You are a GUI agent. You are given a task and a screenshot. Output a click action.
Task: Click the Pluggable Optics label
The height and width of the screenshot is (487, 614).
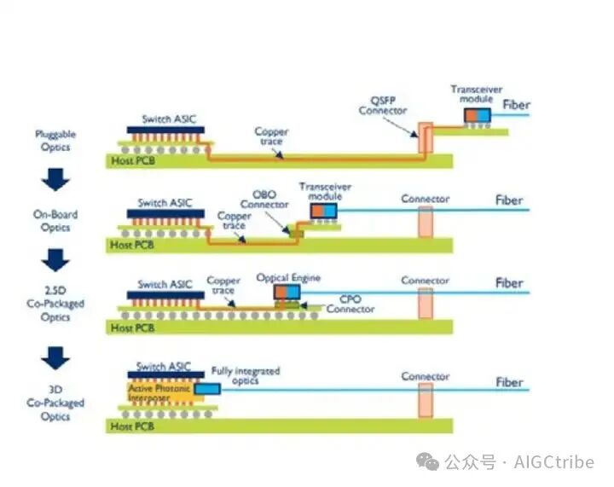pyautogui.click(x=54, y=141)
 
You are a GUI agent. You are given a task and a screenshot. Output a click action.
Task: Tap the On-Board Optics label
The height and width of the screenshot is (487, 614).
pyautogui.click(x=55, y=221)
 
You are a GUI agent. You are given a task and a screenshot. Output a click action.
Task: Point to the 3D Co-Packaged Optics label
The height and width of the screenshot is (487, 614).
pyautogui.click(x=55, y=403)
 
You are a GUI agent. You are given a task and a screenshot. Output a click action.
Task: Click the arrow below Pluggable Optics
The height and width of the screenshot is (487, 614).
pyautogui.click(x=55, y=178)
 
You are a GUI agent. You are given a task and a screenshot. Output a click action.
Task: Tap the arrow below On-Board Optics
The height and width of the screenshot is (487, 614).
pyautogui.click(x=55, y=259)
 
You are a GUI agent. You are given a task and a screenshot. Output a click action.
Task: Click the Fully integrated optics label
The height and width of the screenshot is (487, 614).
pyautogui.click(x=245, y=376)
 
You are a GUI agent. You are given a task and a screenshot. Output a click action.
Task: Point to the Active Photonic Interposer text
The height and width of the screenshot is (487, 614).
pyautogui.click(x=158, y=392)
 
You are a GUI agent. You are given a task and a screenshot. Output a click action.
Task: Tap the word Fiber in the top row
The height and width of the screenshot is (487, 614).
pyautogui.click(x=516, y=105)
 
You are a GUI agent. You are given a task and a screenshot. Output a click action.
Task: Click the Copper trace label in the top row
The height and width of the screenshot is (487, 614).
pyautogui.click(x=271, y=137)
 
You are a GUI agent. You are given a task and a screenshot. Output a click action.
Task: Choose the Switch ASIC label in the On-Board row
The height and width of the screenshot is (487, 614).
pyautogui.click(x=165, y=204)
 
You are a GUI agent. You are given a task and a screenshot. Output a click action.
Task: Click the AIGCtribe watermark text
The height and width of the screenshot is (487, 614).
pyautogui.click(x=553, y=462)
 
